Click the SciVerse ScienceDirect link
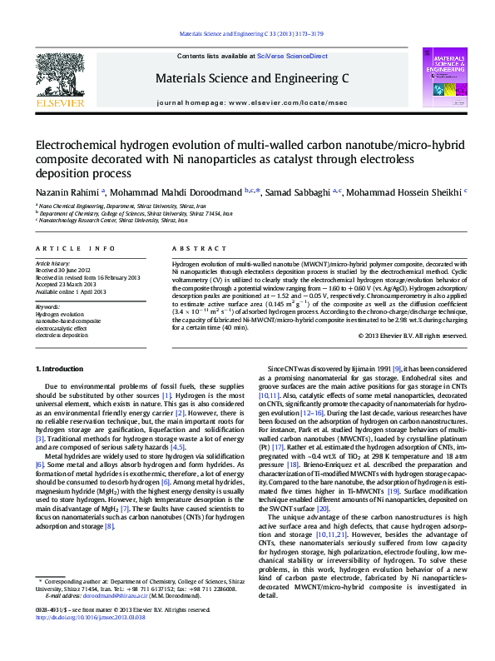coord(292,55)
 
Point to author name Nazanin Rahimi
coord(67,191)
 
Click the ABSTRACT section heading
coord(193,249)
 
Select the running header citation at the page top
coord(247,34)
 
